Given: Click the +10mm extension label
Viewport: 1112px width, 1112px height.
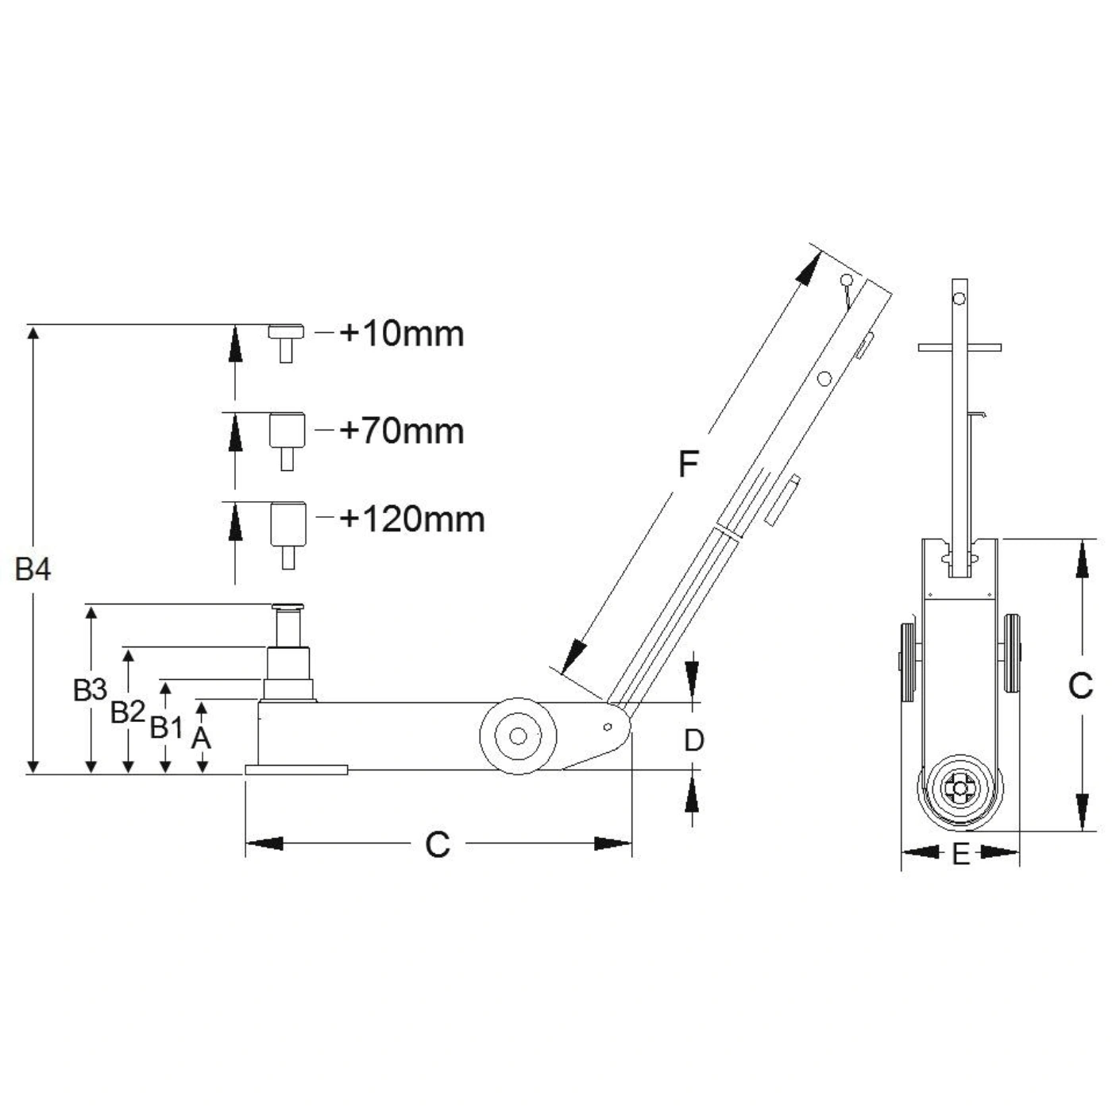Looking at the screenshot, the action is pyautogui.click(x=402, y=334).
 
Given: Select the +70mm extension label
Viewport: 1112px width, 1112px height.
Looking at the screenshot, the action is pyautogui.click(x=402, y=431).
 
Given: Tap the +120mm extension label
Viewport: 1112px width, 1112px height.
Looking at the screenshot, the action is pyautogui.click(x=412, y=519).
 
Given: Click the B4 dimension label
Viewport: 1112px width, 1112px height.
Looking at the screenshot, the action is pyautogui.click(x=33, y=570).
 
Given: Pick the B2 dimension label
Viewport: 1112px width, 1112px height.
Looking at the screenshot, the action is pyautogui.click(x=128, y=712).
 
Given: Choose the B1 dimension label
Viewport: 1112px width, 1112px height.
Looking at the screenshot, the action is pyautogui.click(x=166, y=727).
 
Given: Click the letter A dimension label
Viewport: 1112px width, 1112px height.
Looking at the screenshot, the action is pyautogui.click(x=201, y=737).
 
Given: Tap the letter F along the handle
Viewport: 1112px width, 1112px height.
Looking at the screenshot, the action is pyautogui.click(x=689, y=463).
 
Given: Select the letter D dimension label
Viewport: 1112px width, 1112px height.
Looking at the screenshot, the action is pyautogui.click(x=693, y=740).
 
